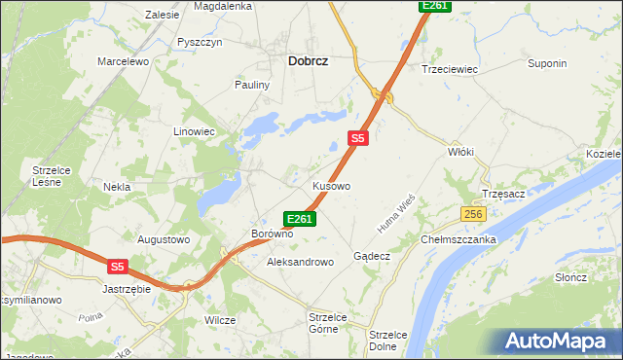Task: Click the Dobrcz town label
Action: point(308,60)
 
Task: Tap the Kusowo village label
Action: point(331,185)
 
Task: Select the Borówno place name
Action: point(273,234)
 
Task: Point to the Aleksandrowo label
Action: point(300,262)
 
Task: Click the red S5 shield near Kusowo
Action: point(358,139)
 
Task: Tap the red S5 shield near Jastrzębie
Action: point(118,265)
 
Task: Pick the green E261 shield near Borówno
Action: point(299,219)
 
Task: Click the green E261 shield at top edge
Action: point(434,6)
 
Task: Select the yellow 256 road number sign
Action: point(473,214)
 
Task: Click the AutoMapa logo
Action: point(558,342)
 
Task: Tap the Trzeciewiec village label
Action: point(448,69)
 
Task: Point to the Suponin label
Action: point(547,64)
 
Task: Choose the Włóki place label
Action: point(460,152)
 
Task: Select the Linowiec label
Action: point(194,130)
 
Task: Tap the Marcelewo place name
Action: point(122,61)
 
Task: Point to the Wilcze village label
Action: point(220,319)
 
